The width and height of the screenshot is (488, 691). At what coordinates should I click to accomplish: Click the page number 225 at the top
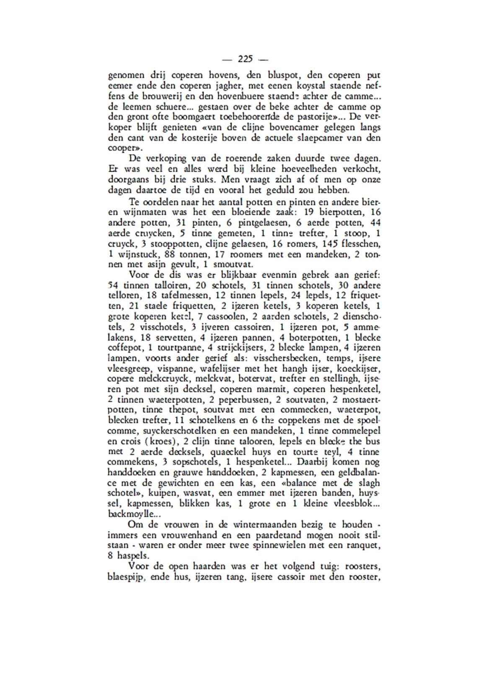click(x=244, y=59)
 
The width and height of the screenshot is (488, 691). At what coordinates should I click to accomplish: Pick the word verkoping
click(x=163, y=159)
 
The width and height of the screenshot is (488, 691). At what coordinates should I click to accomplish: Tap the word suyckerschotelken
click(x=179, y=431)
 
